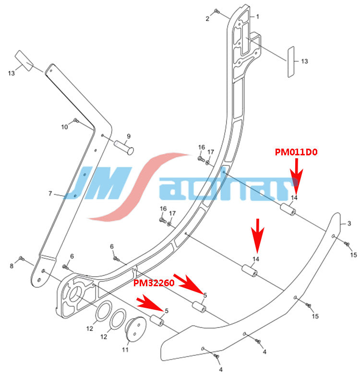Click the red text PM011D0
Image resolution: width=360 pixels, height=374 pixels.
[x=297, y=152]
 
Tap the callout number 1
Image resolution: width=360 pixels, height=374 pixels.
[x=257, y=17]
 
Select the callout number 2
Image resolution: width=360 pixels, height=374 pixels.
[x=208, y=19]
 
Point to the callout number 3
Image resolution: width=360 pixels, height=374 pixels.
[x=349, y=223]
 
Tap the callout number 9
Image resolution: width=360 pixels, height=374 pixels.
[x=128, y=136]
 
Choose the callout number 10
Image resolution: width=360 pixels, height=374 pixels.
[x=65, y=127]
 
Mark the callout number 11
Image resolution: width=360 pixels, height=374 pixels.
[x=125, y=350]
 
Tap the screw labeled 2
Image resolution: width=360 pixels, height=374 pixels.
[x=217, y=11]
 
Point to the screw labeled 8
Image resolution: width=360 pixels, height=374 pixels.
[x=21, y=259]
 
